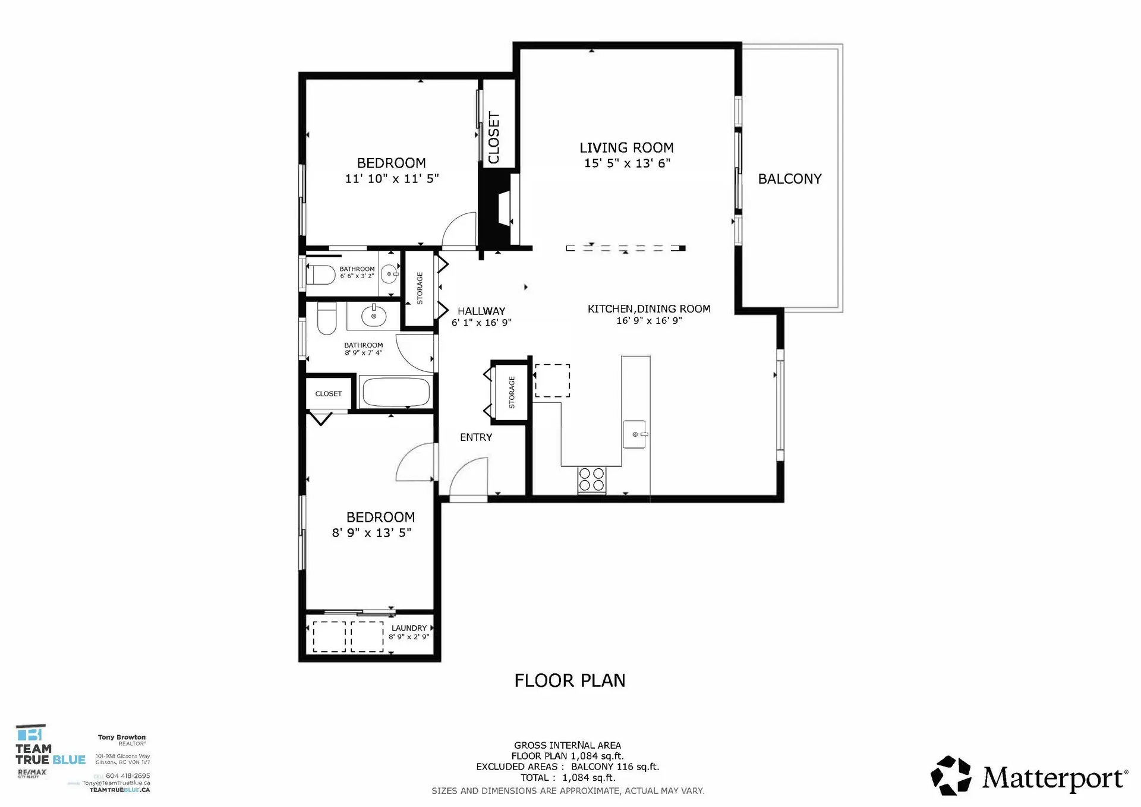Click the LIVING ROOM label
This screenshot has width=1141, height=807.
point(626,148)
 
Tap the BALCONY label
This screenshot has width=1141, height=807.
point(789,179)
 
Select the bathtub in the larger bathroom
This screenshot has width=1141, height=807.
point(396,392)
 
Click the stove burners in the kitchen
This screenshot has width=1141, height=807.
point(592,480)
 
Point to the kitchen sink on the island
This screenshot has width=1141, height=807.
point(635,434)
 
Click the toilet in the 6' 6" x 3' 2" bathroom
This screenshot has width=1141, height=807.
point(321,275)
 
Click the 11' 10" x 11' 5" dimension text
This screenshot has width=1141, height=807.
point(392,178)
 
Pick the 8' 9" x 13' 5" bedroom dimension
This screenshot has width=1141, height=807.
point(371,533)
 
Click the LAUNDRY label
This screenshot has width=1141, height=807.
point(409,628)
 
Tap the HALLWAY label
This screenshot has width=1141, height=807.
point(481,311)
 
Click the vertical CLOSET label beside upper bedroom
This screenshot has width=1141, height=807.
point(494,138)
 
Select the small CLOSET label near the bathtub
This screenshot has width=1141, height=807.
point(328,394)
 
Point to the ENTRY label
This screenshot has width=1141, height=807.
point(476,437)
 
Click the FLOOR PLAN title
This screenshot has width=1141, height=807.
point(569,680)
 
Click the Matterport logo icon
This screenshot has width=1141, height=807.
point(951,776)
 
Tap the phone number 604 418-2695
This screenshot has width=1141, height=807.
point(127,776)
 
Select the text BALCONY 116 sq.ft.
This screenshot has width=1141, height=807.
point(615,767)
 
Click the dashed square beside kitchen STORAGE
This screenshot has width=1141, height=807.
point(552,381)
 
